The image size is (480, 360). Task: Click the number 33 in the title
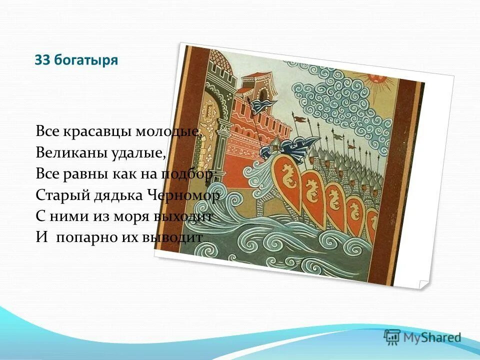pos(41,60)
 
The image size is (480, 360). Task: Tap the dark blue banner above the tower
pos(263,105)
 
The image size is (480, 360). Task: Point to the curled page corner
pos(423,283)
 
